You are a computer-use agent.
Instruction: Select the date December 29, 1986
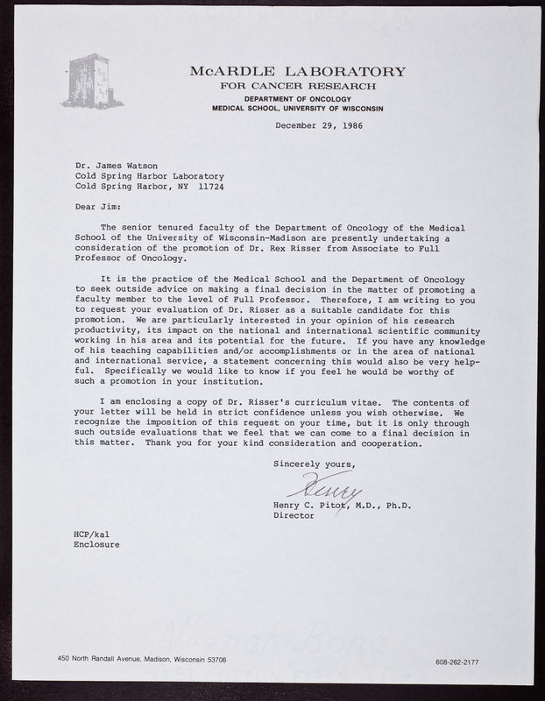pyautogui.click(x=320, y=125)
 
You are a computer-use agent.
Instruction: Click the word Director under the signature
pyautogui.click(x=295, y=516)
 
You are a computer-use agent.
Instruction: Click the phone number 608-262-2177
pyautogui.click(x=464, y=662)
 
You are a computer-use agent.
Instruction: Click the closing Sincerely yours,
pyautogui.click(x=315, y=463)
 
